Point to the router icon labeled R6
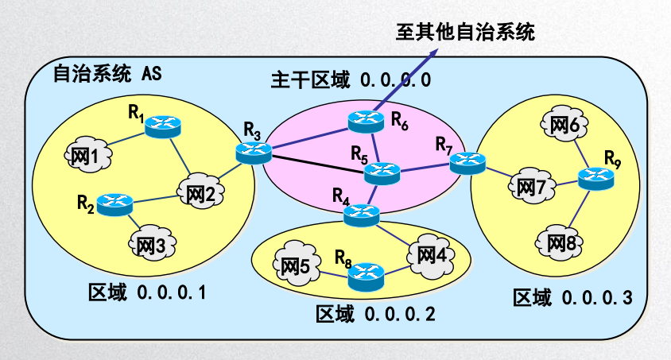click(x=367, y=120)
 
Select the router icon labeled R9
click(x=595, y=179)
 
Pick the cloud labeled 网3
click(x=151, y=245)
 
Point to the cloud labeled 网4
click(x=432, y=255)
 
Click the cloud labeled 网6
click(x=564, y=125)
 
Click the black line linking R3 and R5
click(x=318, y=160)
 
